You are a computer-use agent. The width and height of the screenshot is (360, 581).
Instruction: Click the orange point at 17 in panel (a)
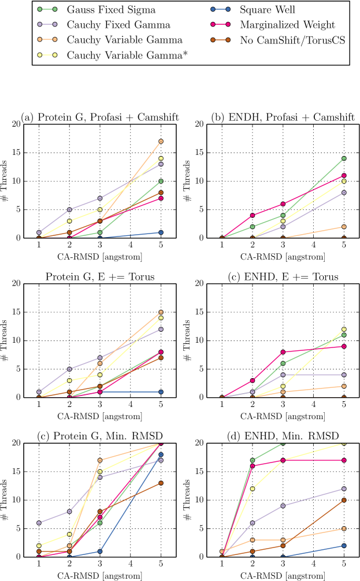point(161,141)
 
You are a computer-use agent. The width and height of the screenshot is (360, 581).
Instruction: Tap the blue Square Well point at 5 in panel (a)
point(161,232)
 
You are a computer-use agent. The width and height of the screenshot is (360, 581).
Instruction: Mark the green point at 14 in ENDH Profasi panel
point(343,158)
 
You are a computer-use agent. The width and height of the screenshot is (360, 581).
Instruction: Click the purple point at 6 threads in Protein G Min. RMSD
point(39,523)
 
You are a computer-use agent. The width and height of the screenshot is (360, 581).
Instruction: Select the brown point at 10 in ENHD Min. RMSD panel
point(343,500)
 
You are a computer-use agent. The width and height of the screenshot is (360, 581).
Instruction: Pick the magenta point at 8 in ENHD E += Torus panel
point(283,351)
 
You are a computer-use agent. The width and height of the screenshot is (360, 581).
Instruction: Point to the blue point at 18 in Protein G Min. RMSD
point(161,454)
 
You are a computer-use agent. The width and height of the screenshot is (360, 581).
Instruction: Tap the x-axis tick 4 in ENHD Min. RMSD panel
point(313,564)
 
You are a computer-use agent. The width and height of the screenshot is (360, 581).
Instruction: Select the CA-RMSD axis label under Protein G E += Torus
point(100,416)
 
